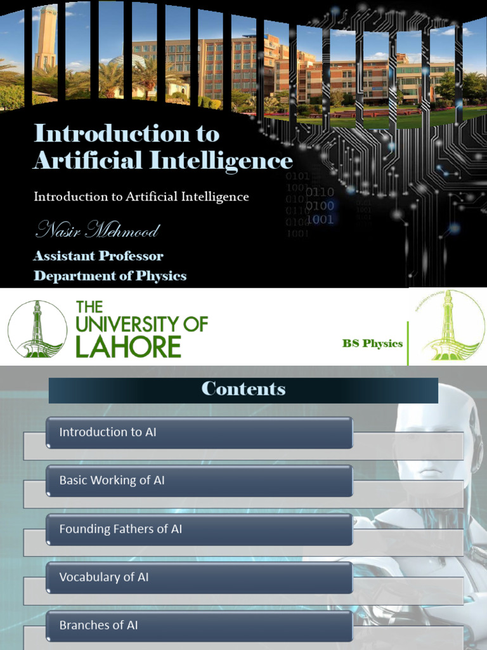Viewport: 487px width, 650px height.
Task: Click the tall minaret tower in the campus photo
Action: (46, 38)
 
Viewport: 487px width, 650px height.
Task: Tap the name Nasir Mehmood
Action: (96, 230)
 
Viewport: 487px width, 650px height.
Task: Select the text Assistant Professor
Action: (98, 256)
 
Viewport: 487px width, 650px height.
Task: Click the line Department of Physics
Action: (110, 276)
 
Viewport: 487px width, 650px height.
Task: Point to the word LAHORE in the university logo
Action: (129, 347)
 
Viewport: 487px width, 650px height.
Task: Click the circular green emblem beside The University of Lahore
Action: (37, 328)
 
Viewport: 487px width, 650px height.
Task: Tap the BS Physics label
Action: (372, 343)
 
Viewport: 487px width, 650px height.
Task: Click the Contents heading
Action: (243, 389)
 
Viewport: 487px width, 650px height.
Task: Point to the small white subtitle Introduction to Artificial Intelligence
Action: (141, 197)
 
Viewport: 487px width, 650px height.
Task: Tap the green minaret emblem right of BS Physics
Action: (448, 326)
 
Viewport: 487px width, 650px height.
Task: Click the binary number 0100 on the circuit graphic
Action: (320, 206)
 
